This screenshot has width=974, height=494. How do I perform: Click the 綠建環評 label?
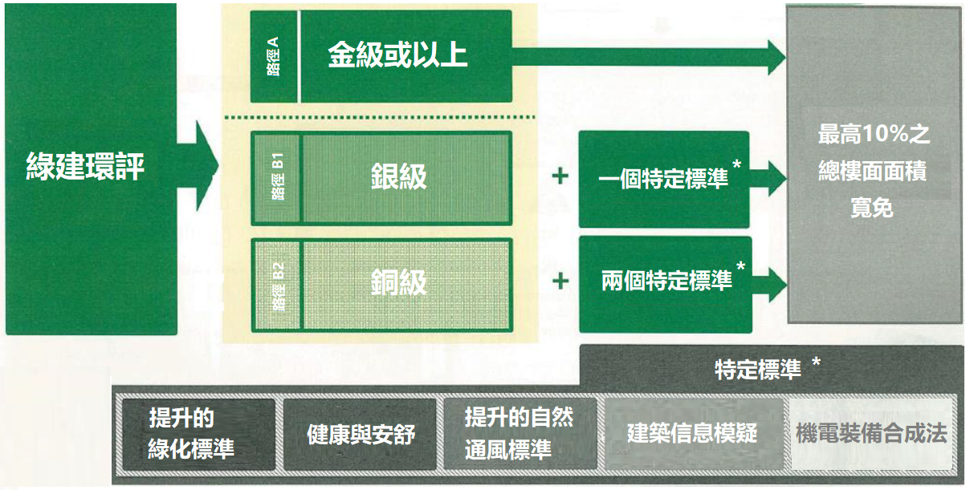point(85,166)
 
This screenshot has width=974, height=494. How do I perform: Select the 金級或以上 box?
point(406,56)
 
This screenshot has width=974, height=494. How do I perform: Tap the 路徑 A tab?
point(274,56)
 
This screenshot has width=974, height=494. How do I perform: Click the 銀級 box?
point(406,178)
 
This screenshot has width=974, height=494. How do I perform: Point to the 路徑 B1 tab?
point(276,178)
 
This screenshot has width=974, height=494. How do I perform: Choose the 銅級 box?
point(406,285)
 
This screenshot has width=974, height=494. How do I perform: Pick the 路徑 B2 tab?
point(276,285)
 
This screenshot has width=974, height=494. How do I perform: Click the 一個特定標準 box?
point(664,179)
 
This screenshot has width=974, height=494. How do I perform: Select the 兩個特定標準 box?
point(666,285)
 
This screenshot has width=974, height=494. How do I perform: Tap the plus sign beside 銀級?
point(560,176)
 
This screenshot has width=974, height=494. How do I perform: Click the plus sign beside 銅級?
point(560,281)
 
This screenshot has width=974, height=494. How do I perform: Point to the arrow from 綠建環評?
point(198,166)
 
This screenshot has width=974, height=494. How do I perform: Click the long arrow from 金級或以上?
point(649,57)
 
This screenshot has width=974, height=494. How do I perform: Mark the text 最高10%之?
point(874,134)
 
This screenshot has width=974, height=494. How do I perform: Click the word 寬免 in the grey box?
point(872,208)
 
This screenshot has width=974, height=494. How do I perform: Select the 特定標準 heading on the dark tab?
point(758,370)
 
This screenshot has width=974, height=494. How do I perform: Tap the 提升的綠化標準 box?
point(198,434)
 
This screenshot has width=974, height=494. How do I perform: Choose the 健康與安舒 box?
point(360,434)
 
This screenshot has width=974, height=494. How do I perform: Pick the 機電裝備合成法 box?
point(872,434)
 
